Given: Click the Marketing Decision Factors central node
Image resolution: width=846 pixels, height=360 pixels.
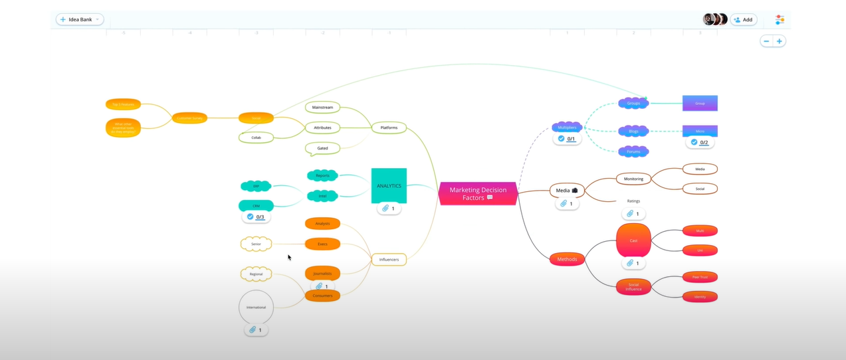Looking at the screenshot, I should pyautogui.click(x=477, y=193).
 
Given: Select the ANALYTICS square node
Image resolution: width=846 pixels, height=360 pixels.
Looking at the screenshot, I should pyautogui.click(x=389, y=185).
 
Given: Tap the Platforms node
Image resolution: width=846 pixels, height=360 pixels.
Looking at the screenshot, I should pyautogui.click(x=389, y=128).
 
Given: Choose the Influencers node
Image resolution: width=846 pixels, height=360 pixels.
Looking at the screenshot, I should pyautogui.click(x=389, y=259).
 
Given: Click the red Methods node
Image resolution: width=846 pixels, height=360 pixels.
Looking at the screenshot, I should pyautogui.click(x=567, y=259).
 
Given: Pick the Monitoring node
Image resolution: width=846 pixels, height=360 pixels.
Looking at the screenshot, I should pyautogui.click(x=633, y=179).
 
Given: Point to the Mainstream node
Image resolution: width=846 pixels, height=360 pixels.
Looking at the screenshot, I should pyautogui.click(x=322, y=107).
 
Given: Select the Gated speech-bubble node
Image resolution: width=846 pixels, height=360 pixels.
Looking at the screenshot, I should pyautogui.click(x=322, y=148).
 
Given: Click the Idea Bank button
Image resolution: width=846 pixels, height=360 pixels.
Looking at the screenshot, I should pyautogui.click(x=80, y=19).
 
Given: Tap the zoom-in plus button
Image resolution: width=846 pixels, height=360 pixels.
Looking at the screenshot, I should pyautogui.click(x=780, y=41).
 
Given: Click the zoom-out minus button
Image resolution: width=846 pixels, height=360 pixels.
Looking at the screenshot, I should pyautogui.click(x=766, y=41).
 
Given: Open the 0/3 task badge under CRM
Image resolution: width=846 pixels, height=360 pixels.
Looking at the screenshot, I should pyautogui.click(x=256, y=217).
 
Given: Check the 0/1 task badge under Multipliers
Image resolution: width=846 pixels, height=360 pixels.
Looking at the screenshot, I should pyautogui.click(x=567, y=139).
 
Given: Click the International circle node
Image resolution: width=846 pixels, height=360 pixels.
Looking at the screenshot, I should pyautogui.click(x=256, y=307).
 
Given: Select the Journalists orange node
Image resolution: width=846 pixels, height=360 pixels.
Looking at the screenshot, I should pyautogui.click(x=322, y=273).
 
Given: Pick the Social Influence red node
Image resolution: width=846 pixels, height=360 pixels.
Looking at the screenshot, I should pyautogui.click(x=633, y=287).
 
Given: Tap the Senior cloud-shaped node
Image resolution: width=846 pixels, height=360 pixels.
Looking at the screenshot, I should pyautogui.click(x=256, y=244).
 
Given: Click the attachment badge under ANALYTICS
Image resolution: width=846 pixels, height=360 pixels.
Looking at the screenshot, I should pyautogui.click(x=389, y=209).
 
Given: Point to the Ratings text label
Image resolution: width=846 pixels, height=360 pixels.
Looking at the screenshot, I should pyautogui.click(x=633, y=201).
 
